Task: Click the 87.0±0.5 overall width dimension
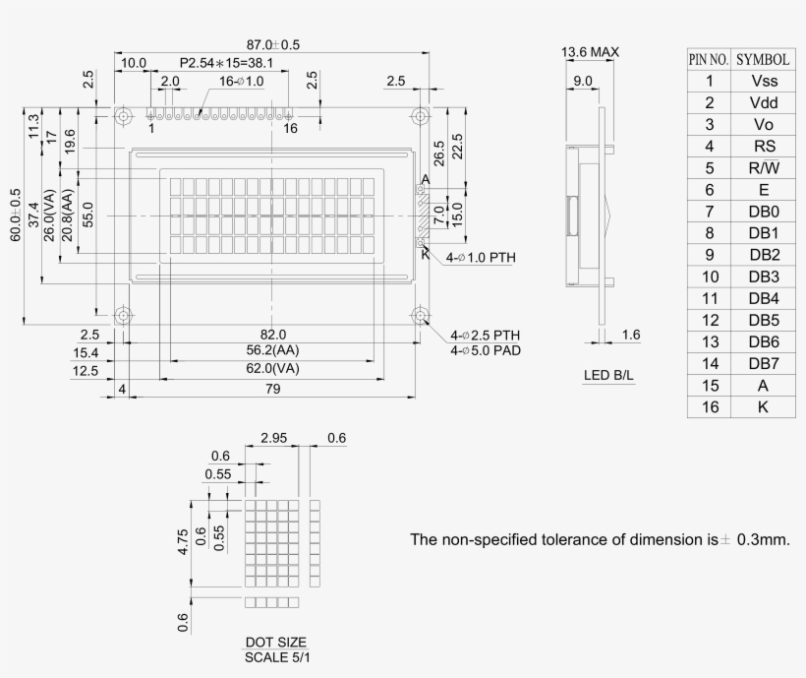(x=272, y=45)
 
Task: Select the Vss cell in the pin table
(x=763, y=81)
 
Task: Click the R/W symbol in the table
(x=763, y=167)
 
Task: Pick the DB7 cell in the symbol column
(x=763, y=363)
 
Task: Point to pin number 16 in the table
(x=709, y=406)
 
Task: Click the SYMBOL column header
(x=763, y=59)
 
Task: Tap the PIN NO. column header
(x=709, y=59)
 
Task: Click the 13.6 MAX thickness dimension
(x=590, y=52)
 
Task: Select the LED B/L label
(x=609, y=376)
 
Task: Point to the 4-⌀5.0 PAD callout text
(x=486, y=350)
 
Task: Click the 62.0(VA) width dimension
(x=272, y=369)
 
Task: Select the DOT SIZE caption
(x=275, y=642)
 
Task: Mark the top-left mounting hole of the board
(x=124, y=116)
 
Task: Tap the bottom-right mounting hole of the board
(x=420, y=316)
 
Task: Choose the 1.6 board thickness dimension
(x=631, y=336)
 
